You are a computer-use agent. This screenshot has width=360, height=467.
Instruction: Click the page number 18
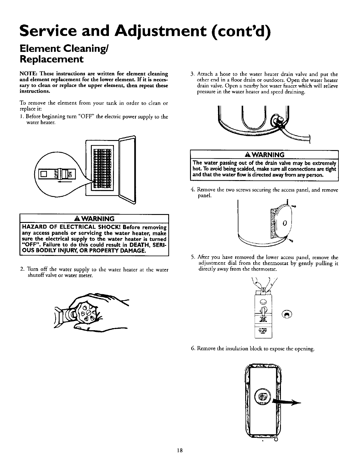(x=179, y=458)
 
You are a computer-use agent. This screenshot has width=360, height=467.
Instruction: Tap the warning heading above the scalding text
(x=265, y=155)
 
